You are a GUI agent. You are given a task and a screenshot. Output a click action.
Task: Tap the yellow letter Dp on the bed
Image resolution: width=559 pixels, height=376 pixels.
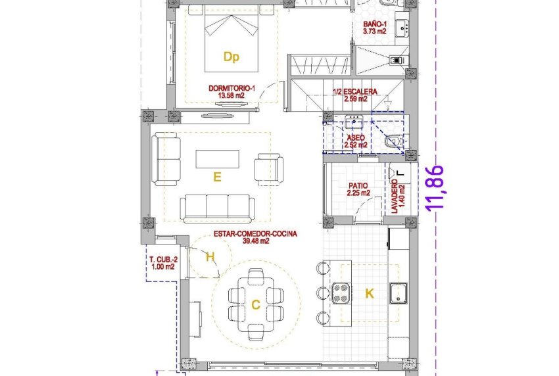point(230,57)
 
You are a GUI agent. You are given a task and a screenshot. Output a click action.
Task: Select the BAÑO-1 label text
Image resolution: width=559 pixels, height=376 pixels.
point(376,29)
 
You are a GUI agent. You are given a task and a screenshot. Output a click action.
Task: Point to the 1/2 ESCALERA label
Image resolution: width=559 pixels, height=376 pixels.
point(355,95)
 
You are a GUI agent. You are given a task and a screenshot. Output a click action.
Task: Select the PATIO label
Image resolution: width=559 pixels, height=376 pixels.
point(359,190)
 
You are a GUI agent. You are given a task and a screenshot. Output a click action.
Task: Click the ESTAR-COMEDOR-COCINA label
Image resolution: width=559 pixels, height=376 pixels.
point(256,237)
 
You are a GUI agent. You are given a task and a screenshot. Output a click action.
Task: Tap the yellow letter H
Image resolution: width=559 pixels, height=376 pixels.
point(210,258)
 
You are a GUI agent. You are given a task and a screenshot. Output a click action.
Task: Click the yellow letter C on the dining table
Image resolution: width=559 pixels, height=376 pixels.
point(255,304)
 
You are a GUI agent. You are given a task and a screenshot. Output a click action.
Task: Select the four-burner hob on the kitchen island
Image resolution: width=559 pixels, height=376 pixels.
point(341,293)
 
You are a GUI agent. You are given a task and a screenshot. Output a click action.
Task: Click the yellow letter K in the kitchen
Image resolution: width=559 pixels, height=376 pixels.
point(370,294)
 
